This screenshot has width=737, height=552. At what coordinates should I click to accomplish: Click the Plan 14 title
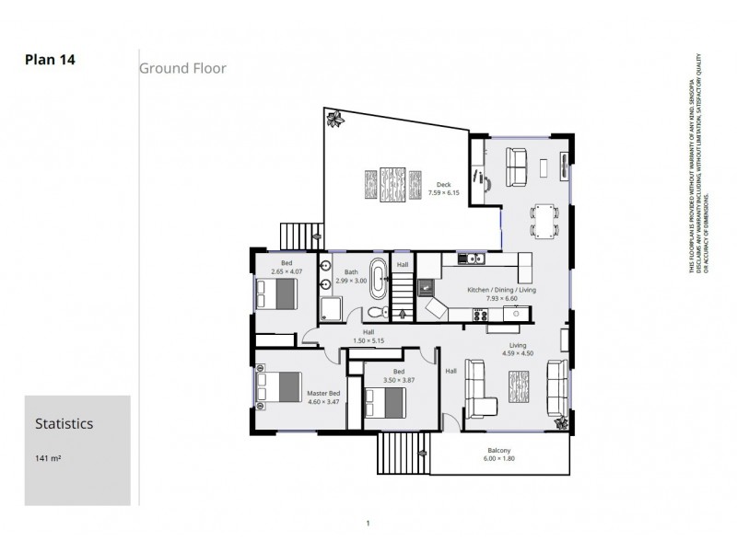[50, 60]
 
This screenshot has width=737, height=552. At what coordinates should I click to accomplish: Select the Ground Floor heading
[182, 68]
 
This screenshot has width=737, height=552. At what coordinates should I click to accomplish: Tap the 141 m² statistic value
[49, 457]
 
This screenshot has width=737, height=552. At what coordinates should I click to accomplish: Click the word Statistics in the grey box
[64, 424]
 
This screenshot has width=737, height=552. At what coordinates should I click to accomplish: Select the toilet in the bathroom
[378, 312]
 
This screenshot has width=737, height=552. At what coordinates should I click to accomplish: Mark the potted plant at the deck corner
[333, 118]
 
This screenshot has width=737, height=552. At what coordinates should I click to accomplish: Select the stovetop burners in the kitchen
[480, 314]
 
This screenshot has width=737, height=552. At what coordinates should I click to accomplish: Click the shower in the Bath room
[331, 308]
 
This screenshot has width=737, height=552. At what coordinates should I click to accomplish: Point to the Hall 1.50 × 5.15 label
[368, 336]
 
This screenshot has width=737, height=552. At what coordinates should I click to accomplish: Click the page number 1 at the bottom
[368, 523]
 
